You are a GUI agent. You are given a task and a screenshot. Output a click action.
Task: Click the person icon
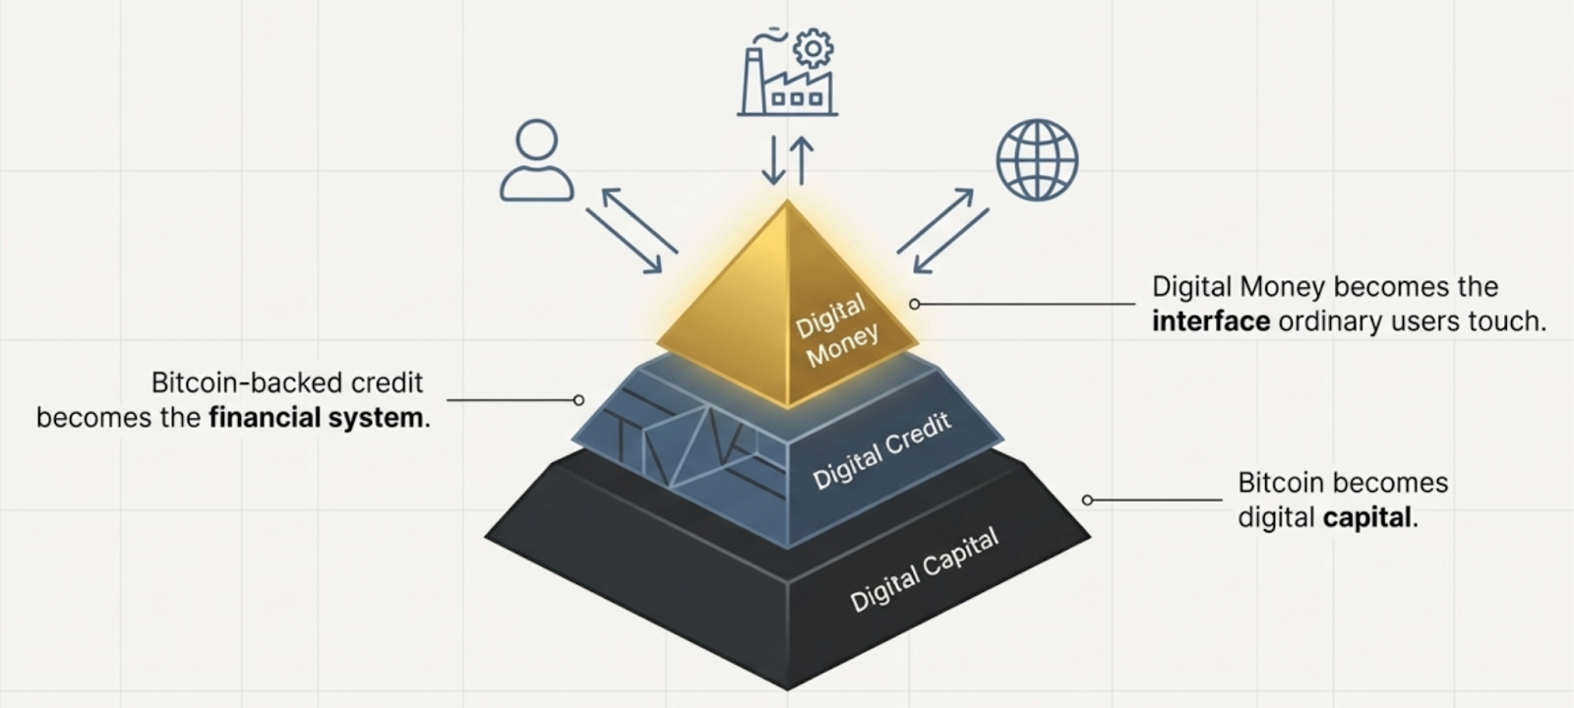click(536, 160)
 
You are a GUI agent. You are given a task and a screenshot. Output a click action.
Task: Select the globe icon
click(1037, 160)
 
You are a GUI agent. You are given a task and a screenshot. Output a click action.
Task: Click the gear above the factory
click(813, 47)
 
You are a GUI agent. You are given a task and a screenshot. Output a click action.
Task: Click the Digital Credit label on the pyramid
click(882, 450)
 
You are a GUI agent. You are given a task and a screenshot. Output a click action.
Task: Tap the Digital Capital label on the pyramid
click(924, 569)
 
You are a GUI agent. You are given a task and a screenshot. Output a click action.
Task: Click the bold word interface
click(1211, 322)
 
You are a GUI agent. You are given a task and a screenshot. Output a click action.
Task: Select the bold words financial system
click(316, 418)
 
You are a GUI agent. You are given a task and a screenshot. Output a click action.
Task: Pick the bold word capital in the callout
click(1367, 517)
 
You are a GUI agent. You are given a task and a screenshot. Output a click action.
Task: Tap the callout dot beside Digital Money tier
click(915, 305)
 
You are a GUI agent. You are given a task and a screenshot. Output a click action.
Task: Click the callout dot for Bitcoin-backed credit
click(578, 400)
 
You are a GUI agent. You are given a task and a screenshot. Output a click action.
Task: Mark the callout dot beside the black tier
click(1087, 500)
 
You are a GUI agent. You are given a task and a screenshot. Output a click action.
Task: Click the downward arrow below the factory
click(773, 160)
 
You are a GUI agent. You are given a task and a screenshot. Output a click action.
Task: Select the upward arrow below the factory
click(802, 160)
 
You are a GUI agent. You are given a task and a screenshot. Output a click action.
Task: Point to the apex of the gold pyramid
click(787, 203)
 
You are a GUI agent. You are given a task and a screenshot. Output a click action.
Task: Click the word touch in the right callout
click(1508, 322)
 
